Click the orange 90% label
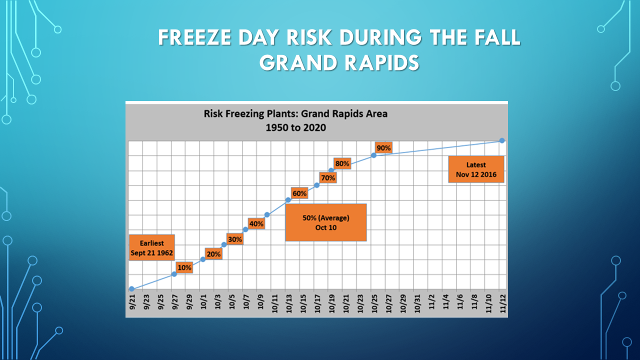point(383,148)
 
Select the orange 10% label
point(184,267)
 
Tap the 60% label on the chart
point(299,193)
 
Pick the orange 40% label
point(256,223)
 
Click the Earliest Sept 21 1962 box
point(151,247)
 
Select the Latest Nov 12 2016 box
point(476,169)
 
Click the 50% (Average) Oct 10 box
point(326,222)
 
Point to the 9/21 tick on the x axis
point(132,302)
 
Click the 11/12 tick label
point(503,303)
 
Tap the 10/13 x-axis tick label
point(289,303)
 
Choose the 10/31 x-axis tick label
point(417,303)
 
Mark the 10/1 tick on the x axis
point(203,302)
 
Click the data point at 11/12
point(502,140)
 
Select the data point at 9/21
point(131,289)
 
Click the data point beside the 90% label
point(373,155)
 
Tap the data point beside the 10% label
point(174,274)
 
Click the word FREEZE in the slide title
point(195,37)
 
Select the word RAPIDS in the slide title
point(382,63)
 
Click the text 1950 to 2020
point(295,127)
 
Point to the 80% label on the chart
point(342,163)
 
